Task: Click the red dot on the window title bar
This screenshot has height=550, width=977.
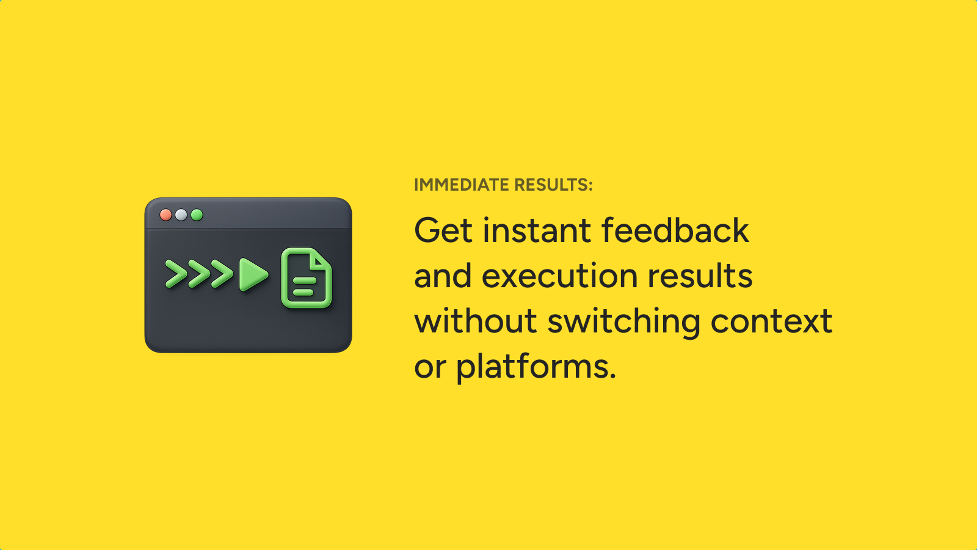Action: pos(165,215)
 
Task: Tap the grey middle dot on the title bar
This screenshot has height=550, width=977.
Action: pos(181,215)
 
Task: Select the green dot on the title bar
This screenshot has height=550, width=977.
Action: pos(197,215)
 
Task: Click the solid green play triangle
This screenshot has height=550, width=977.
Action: pos(253,274)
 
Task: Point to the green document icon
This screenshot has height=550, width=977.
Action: pos(307,278)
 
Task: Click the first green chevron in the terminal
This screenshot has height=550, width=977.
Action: pos(176,274)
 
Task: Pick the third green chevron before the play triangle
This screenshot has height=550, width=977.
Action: pos(222,274)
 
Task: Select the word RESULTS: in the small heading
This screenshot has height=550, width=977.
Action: pos(553,185)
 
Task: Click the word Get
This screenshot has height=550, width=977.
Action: pos(443,230)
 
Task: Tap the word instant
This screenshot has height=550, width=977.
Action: pos(537,230)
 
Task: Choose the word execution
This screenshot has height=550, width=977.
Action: pos(559,276)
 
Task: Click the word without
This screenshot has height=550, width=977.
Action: pos(476,320)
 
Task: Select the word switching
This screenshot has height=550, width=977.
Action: pos(623,323)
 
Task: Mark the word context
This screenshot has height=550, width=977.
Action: pos(772,321)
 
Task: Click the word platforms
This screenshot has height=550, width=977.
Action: pos(536,366)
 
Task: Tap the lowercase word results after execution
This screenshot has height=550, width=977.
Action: pos(700,276)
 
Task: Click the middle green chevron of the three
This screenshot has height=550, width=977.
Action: pos(199,274)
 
